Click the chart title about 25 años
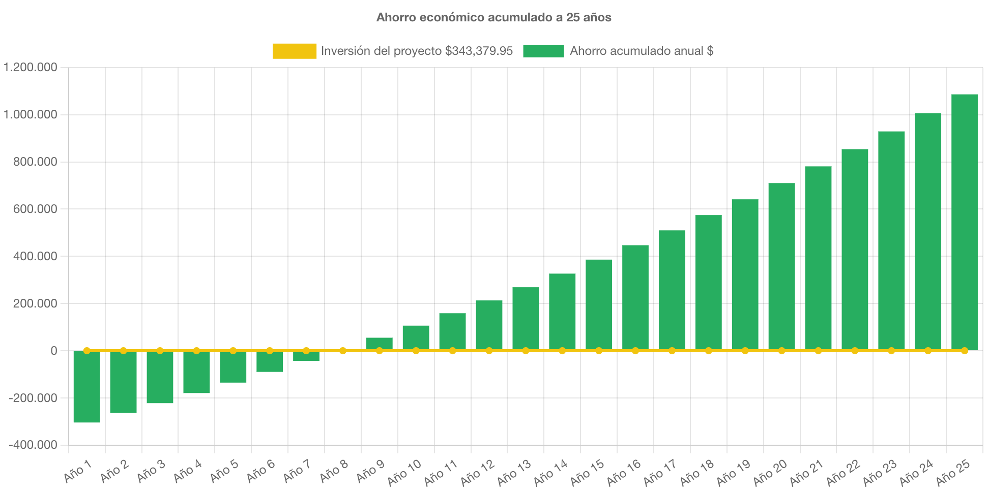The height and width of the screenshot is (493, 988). [493, 17]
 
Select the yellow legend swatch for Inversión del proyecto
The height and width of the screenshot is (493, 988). [294, 51]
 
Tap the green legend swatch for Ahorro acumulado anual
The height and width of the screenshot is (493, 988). [543, 51]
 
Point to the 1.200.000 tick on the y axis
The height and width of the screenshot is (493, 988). [31, 67]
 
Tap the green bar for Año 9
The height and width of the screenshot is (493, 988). [379, 343]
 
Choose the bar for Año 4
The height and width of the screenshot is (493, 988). [196, 373]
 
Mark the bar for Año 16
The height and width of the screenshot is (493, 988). [635, 297]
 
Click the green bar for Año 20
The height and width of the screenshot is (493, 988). [781, 266]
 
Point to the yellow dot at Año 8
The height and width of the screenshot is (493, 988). [343, 351]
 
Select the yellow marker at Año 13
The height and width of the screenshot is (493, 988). [526, 351]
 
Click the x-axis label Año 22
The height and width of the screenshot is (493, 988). [843, 472]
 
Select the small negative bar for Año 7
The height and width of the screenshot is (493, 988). [306, 357]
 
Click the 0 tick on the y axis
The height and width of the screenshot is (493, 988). [53, 351]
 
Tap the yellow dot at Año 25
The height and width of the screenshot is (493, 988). [964, 351]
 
